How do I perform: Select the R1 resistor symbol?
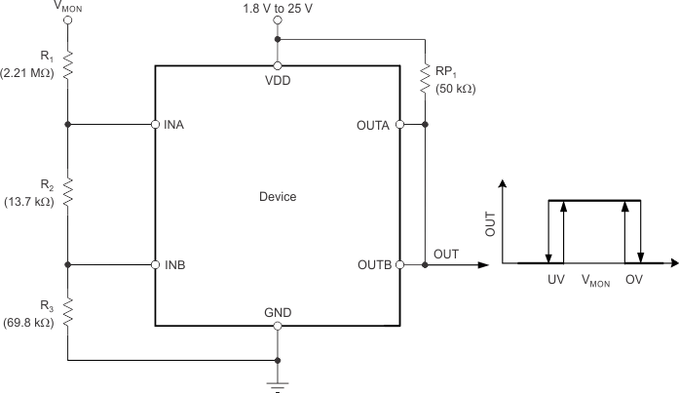click(x=67, y=65)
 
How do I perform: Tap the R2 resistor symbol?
click(x=67, y=192)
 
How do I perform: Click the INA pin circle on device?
click(x=156, y=125)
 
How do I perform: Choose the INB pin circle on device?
click(x=156, y=264)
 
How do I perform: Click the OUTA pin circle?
click(x=400, y=125)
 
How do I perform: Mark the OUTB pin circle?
click(x=400, y=264)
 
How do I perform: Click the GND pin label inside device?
click(x=278, y=311)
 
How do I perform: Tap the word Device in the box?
click(x=278, y=196)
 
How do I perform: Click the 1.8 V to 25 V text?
click(x=278, y=9)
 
